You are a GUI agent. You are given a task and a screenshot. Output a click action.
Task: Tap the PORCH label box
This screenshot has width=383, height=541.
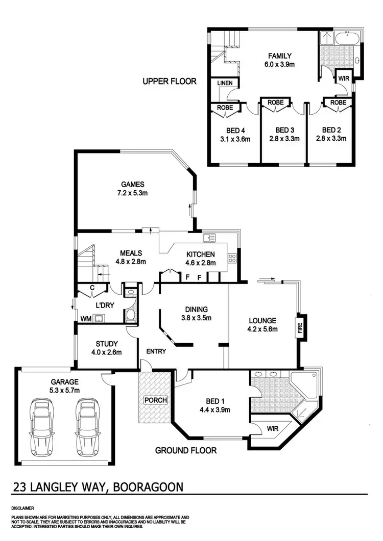click(x=156, y=400)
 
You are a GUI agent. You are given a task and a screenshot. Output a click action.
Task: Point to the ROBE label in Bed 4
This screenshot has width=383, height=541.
click(x=225, y=108)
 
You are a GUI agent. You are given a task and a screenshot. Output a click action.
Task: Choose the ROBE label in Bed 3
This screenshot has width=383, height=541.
click(x=276, y=102)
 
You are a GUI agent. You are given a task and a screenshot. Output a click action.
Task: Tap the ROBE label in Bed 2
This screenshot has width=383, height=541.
click(x=338, y=102)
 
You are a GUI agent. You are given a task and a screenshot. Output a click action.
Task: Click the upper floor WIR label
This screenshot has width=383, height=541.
click(x=342, y=79)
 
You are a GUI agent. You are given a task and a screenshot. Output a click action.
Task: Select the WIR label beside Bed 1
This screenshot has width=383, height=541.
click(x=273, y=429)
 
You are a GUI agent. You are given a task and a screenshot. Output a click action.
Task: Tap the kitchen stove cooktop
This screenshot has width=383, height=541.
click(x=232, y=257)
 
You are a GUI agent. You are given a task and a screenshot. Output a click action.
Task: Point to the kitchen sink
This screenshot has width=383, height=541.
click(x=209, y=238)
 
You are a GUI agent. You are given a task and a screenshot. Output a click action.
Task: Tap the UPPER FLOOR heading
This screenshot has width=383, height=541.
click(x=169, y=82)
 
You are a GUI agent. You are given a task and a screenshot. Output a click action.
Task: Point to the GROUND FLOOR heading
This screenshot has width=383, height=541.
click(x=186, y=450)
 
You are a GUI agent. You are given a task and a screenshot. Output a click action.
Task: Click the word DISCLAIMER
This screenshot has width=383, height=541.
click(x=22, y=508)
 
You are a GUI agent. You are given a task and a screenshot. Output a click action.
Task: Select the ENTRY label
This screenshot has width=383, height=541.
click(x=156, y=351)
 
